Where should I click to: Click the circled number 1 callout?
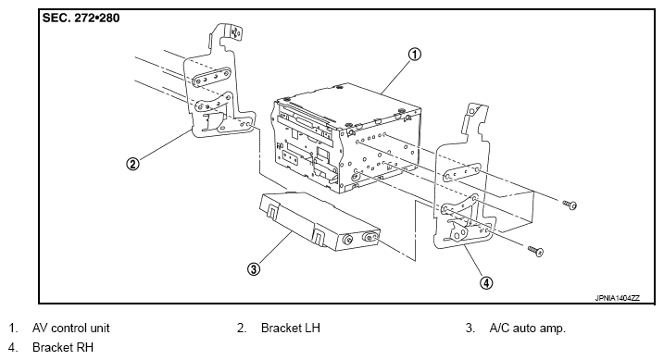[415, 55]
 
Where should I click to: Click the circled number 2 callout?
[133, 164]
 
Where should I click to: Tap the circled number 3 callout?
[254, 268]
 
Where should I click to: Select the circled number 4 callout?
[486, 282]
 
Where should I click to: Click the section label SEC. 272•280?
[81, 19]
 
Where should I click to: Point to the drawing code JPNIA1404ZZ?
[618, 298]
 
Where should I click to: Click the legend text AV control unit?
[70, 328]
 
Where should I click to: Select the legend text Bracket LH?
[291, 328]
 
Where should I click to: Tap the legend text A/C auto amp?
[527, 329]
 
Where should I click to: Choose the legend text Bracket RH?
[63, 347]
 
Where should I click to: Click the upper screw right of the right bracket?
[570, 205]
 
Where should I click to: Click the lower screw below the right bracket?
[536, 252]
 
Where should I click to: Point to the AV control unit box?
[347, 138]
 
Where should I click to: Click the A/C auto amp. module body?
[319, 221]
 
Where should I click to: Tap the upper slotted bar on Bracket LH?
[212, 77]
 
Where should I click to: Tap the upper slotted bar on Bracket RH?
[461, 173]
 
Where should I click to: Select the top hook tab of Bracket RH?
[476, 112]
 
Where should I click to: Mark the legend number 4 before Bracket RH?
[13, 347]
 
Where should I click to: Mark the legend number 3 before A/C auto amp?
[470, 328]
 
